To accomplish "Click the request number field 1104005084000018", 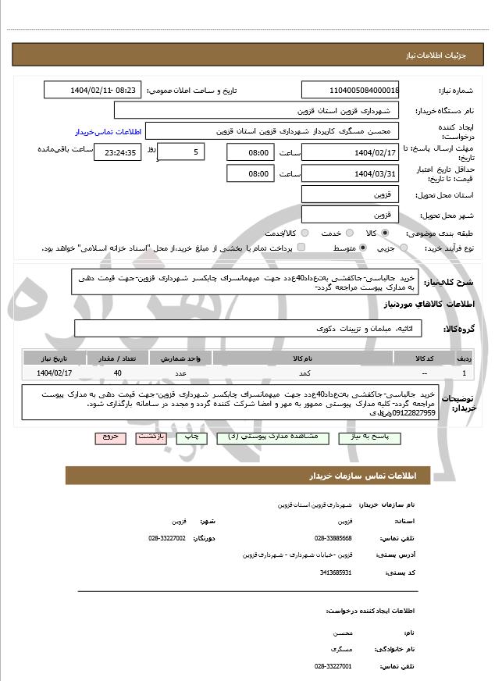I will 350,90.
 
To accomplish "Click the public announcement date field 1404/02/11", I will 93,90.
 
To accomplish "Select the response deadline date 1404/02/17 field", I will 350,152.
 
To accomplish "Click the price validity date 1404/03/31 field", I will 350,173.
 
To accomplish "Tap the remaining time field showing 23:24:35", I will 119,152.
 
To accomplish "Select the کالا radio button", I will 384,234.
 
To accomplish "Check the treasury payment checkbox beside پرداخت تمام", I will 302,248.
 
